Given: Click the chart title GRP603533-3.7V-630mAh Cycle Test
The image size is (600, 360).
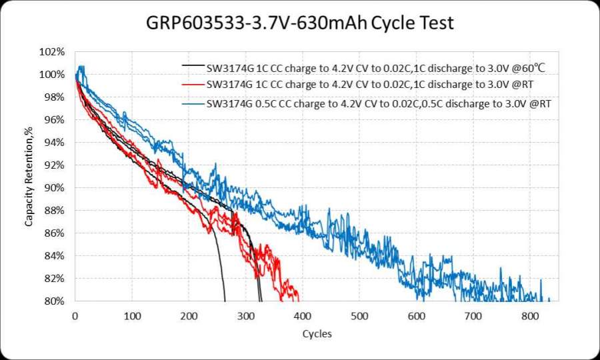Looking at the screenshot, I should (300, 23).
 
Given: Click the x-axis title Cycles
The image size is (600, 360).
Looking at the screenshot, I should (317, 333).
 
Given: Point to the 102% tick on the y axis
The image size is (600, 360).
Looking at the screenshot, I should (55, 52).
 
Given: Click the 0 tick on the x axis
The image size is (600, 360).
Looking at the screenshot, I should (75, 314).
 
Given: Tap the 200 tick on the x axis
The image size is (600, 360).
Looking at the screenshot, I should (189, 314).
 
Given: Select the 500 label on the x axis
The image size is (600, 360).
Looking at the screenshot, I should (360, 314).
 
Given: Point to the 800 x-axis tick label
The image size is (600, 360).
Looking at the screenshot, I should (531, 314).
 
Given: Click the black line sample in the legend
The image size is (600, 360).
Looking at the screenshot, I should (193, 67).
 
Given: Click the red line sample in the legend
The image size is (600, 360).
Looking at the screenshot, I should (193, 85).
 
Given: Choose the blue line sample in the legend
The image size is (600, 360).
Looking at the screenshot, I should (193, 105).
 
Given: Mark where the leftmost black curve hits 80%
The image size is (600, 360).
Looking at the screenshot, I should (225, 301).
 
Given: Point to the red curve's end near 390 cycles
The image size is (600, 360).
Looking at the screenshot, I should (298, 298).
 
